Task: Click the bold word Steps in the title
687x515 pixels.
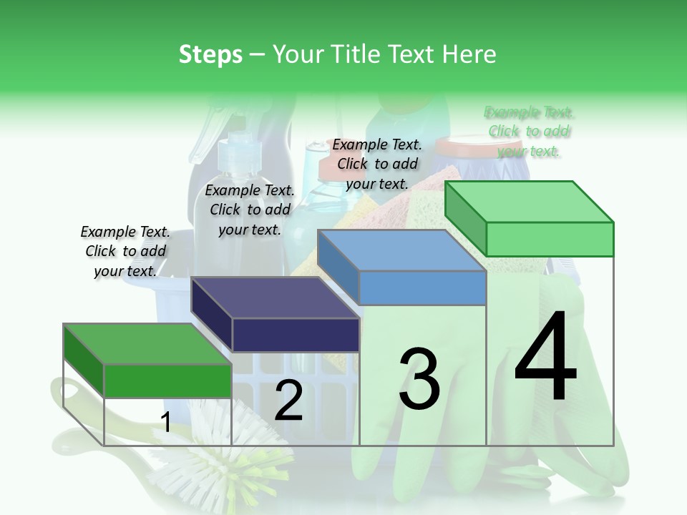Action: coord(210,54)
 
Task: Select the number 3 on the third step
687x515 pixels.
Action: coord(419,378)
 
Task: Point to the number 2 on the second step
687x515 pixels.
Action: coord(288,401)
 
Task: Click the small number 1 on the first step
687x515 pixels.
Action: coord(165,423)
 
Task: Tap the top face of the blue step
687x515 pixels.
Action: coord(401,250)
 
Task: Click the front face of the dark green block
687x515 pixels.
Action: coord(167,381)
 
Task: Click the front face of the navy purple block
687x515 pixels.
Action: coord(295,335)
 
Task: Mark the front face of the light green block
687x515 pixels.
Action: coord(550,239)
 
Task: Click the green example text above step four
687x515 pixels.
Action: coord(529,132)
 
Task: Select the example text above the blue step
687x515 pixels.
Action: coord(377,164)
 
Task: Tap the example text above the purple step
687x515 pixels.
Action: coord(250,210)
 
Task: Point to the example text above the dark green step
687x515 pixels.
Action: coord(125,251)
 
